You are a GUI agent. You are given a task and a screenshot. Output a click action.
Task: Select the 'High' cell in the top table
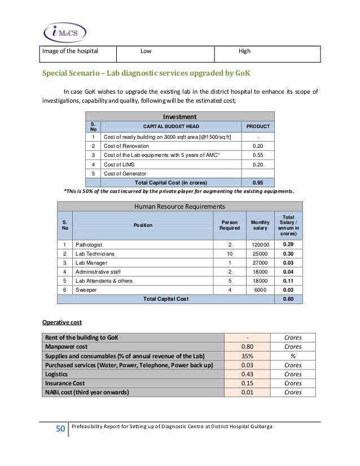point(244,52)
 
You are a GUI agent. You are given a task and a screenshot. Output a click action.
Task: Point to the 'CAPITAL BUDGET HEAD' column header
point(170,126)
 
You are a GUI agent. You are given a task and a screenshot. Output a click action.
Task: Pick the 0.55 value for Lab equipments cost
point(258,155)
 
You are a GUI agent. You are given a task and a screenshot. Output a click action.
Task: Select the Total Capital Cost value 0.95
point(258,182)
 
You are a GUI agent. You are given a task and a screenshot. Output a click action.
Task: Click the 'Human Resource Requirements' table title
point(179,206)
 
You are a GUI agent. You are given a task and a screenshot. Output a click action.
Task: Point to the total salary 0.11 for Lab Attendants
point(288,280)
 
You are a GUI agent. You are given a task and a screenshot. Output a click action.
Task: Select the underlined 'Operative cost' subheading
point(63,323)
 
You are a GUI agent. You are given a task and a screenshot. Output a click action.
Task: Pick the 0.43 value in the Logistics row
point(247,373)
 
